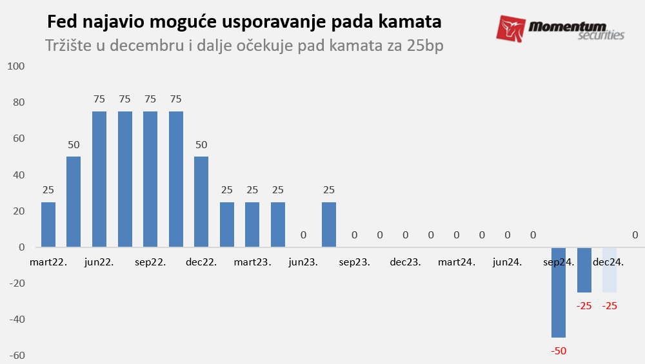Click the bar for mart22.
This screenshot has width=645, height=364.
click(x=48, y=224)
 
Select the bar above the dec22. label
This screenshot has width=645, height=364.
click(x=201, y=202)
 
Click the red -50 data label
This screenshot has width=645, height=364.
click(x=559, y=351)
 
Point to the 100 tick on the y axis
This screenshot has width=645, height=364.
click(x=15, y=66)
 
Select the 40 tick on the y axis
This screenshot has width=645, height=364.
click(x=17, y=175)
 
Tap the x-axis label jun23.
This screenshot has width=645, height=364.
click(x=303, y=263)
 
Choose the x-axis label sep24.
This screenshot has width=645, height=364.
click(x=559, y=263)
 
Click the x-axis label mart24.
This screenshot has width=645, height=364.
click(x=457, y=263)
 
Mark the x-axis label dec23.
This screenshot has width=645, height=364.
click(x=405, y=263)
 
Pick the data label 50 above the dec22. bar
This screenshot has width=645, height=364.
click(x=201, y=145)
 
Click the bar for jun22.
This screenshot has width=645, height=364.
click(x=99, y=179)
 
